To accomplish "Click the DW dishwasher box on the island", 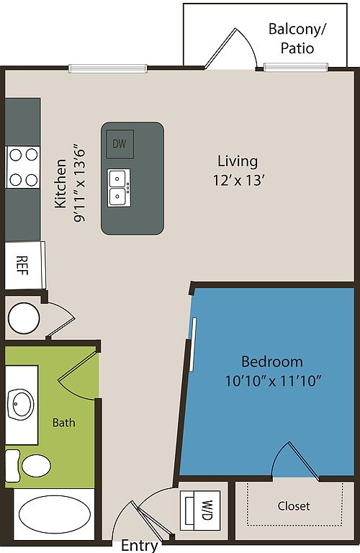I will point(120,144).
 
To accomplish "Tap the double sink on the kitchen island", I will point(120,187).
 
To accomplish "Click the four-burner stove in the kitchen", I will point(22,166).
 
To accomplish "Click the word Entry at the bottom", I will point(139,545).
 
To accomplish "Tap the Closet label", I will point(294,506).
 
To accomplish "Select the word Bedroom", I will point(271,361).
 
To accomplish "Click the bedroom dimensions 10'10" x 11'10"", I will point(271,380).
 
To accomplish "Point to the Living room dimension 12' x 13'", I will point(238,180).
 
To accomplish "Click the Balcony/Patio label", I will point(296,39).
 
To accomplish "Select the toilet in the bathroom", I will point(32,465).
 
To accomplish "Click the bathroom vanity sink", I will point(22,405).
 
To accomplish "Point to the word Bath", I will point(63,423).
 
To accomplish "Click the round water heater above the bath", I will point(23,316).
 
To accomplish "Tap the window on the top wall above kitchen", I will point(108,69).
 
